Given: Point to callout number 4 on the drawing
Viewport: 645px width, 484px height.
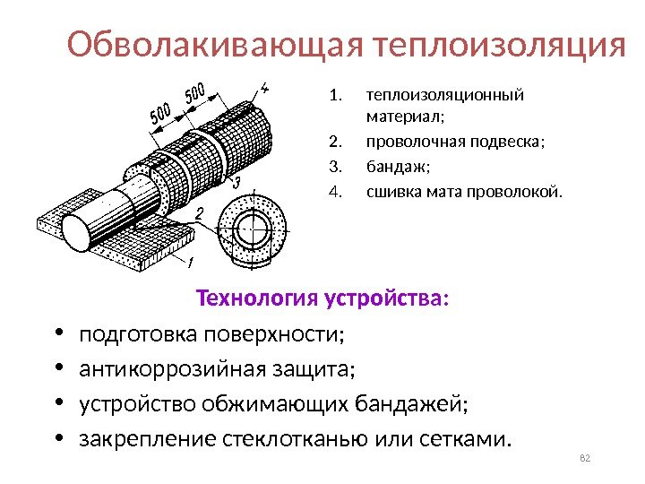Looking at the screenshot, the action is pos(265,88).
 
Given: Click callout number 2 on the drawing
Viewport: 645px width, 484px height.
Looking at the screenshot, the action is pos(199,212).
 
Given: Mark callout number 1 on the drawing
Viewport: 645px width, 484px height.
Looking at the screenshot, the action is pos(190,262).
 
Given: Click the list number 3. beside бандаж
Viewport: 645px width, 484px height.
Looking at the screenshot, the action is pos(336,166).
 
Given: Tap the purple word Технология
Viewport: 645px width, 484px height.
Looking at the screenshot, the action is pos(250,297).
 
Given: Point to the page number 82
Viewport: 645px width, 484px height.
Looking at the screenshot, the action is pos(587,460).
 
